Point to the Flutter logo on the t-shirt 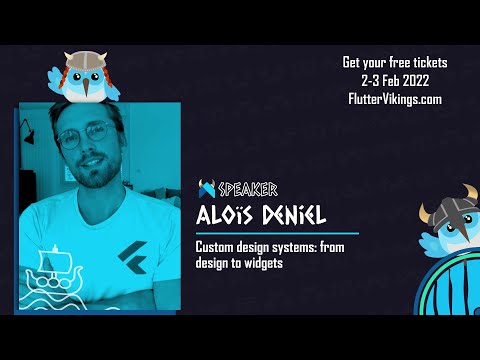tap(127, 253)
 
